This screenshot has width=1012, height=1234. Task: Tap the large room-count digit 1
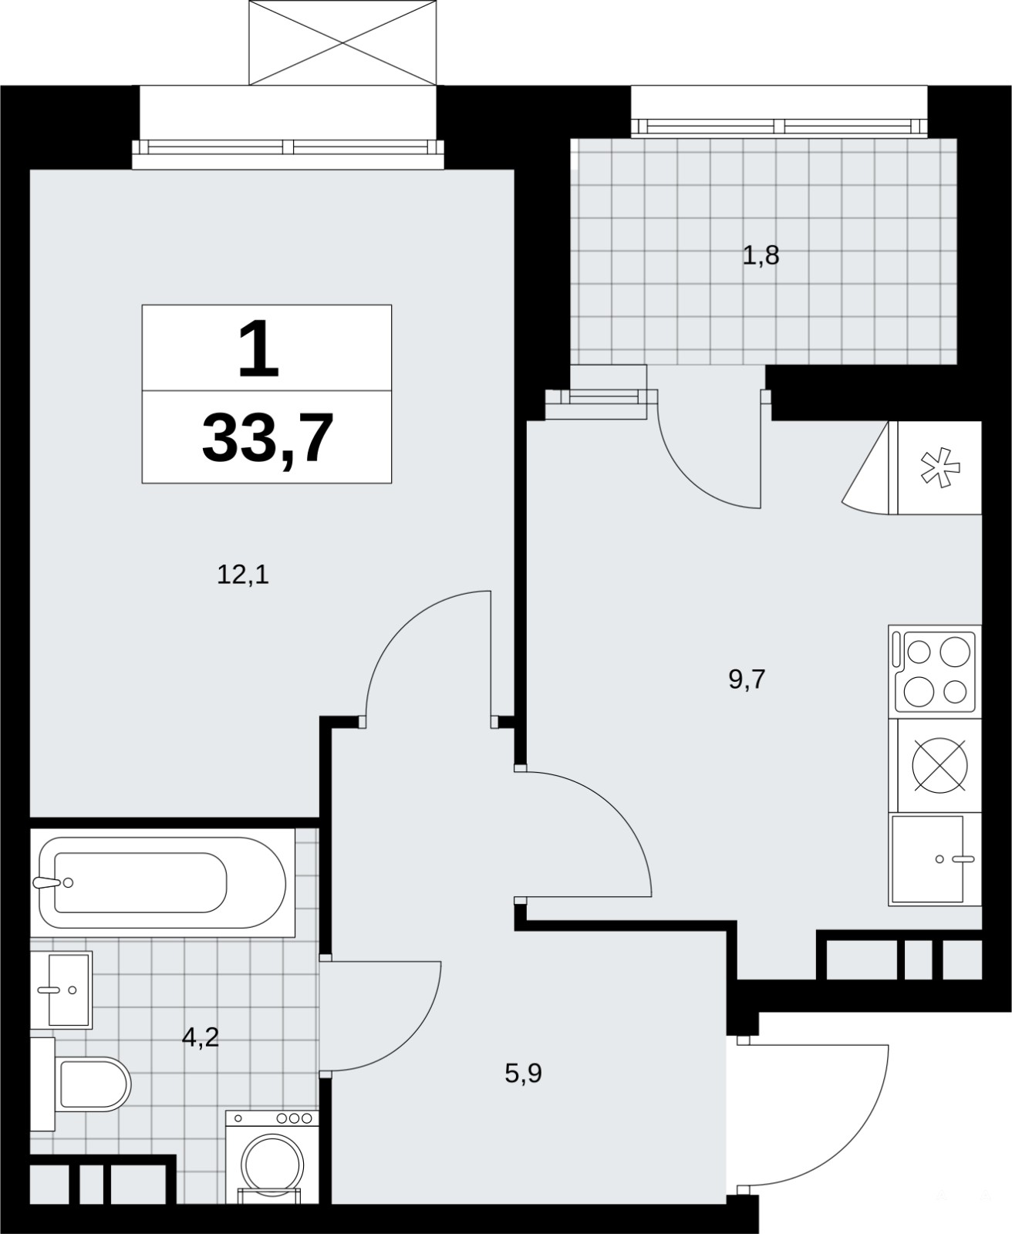(258, 349)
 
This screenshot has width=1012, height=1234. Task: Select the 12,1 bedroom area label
(243, 575)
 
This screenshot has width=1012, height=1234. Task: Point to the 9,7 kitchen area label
(747, 679)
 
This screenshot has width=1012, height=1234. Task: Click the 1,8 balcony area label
(761, 256)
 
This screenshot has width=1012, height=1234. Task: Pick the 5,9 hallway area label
(523, 1074)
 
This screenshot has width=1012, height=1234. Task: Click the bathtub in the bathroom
(163, 883)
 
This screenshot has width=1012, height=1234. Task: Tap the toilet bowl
(93, 1084)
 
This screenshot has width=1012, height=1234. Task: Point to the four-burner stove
(935, 672)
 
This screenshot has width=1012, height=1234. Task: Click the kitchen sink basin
(927, 859)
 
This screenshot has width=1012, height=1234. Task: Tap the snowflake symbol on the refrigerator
(940, 467)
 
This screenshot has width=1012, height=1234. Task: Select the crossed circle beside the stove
(940, 765)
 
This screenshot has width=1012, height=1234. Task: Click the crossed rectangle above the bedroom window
(343, 42)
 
